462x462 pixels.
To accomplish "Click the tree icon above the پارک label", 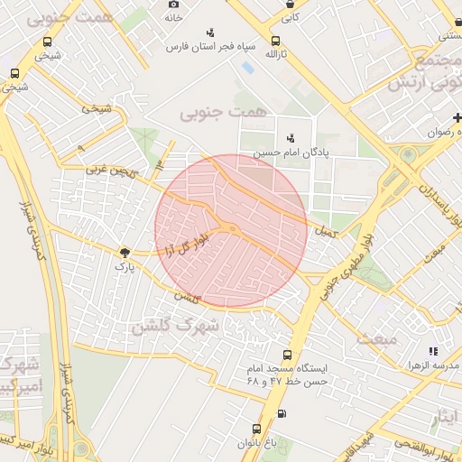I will pos(124,254).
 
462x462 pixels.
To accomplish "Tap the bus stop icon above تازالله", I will pos(275,41).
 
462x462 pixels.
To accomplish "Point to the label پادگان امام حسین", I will pos(291,152).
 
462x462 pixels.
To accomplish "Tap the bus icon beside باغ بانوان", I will pos(256,429).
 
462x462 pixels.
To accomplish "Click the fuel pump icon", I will pos(283,414).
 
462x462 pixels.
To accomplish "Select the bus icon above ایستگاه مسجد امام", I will pos(287,355).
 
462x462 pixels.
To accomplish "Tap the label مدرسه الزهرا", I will pos(431,365).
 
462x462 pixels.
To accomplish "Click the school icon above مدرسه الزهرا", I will pos(432,351).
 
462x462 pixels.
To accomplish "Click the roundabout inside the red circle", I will pos(232,229).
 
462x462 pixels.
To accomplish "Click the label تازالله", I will pos(275,55).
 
